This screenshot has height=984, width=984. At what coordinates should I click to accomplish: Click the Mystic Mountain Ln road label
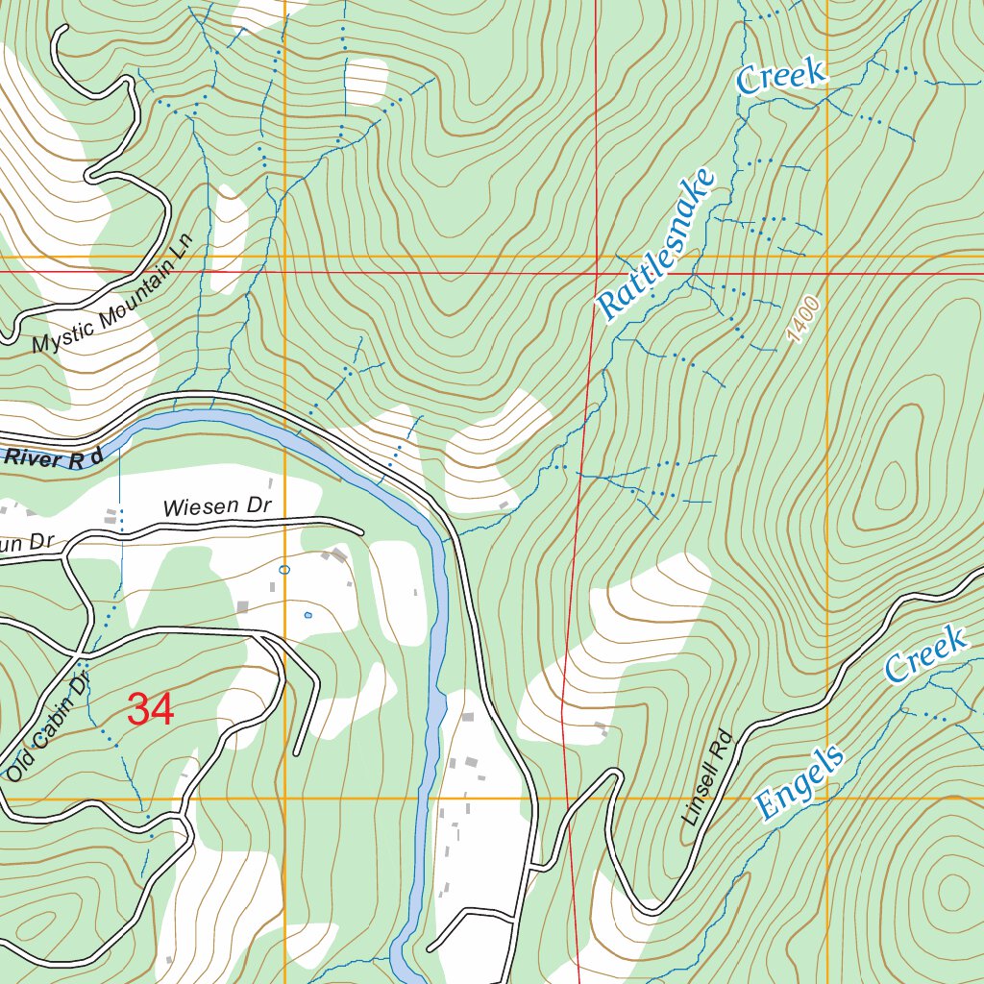click(x=112, y=293)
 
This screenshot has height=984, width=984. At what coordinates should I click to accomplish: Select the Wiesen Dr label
click(x=218, y=506)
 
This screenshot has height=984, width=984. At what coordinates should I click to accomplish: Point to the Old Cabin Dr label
click(x=47, y=726)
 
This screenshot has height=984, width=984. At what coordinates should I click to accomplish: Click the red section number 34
click(x=150, y=710)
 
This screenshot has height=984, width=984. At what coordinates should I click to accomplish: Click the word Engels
click(x=799, y=782)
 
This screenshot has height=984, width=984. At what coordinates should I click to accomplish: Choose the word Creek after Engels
click(x=924, y=653)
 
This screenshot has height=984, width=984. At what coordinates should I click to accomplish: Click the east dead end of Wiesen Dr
click(x=362, y=530)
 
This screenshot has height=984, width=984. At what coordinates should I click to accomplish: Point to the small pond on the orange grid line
click(x=283, y=570)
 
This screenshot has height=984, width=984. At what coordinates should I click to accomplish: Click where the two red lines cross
click(x=594, y=272)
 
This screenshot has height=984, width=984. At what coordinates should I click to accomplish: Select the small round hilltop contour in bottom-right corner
click(x=952, y=890)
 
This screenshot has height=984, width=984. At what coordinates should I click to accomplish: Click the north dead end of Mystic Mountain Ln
click(x=61, y=29)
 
